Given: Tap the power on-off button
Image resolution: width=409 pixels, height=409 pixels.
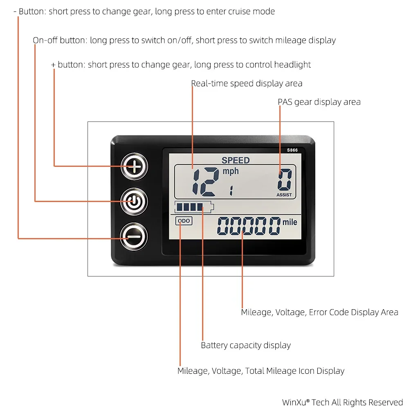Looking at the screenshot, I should pyautogui.click(x=134, y=201).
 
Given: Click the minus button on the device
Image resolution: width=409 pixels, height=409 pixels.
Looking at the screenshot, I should pyautogui.click(x=134, y=236).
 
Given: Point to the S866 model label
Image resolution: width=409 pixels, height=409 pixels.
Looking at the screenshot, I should pyautogui.click(x=292, y=150).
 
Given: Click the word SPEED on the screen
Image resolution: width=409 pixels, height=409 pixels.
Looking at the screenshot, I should pyautogui.click(x=236, y=160).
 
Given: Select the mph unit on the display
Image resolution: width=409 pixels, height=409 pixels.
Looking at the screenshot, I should pyautogui.click(x=230, y=171).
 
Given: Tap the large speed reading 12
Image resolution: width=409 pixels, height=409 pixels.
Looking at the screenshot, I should pyautogui.click(x=204, y=182).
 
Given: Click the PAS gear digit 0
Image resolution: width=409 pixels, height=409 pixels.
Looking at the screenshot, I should pyautogui.click(x=285, y=179).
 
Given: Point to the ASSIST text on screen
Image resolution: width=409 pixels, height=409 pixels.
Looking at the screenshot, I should pyautogui.click(x=284, y=195).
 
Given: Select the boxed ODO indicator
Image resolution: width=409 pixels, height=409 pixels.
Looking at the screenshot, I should pyautogui.click(x=184, y=221).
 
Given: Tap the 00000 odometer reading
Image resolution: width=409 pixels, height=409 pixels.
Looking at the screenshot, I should pyautogui.click(x=249, y=226).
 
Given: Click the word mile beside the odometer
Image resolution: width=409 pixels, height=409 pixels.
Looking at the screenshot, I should pyautogui.click(x=290, y=222).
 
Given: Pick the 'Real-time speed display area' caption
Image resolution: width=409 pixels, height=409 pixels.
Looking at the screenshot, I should pyautogui.click(x=247, y=83).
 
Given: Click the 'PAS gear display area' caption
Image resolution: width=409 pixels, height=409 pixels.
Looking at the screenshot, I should pyautogui.click(x=319, y=102).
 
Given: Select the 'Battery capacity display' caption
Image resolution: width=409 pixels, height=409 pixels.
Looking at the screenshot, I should pyautogui.click(x=245, y=345).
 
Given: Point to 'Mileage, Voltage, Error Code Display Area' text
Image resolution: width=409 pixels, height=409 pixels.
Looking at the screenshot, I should pyautogui.click(x=319, y=312).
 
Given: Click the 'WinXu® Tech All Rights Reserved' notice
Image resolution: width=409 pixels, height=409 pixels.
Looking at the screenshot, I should pyautogui.click(x=342, y=402).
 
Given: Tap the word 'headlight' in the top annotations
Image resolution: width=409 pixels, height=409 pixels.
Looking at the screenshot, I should pyautogui.click(x=292, y=65).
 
